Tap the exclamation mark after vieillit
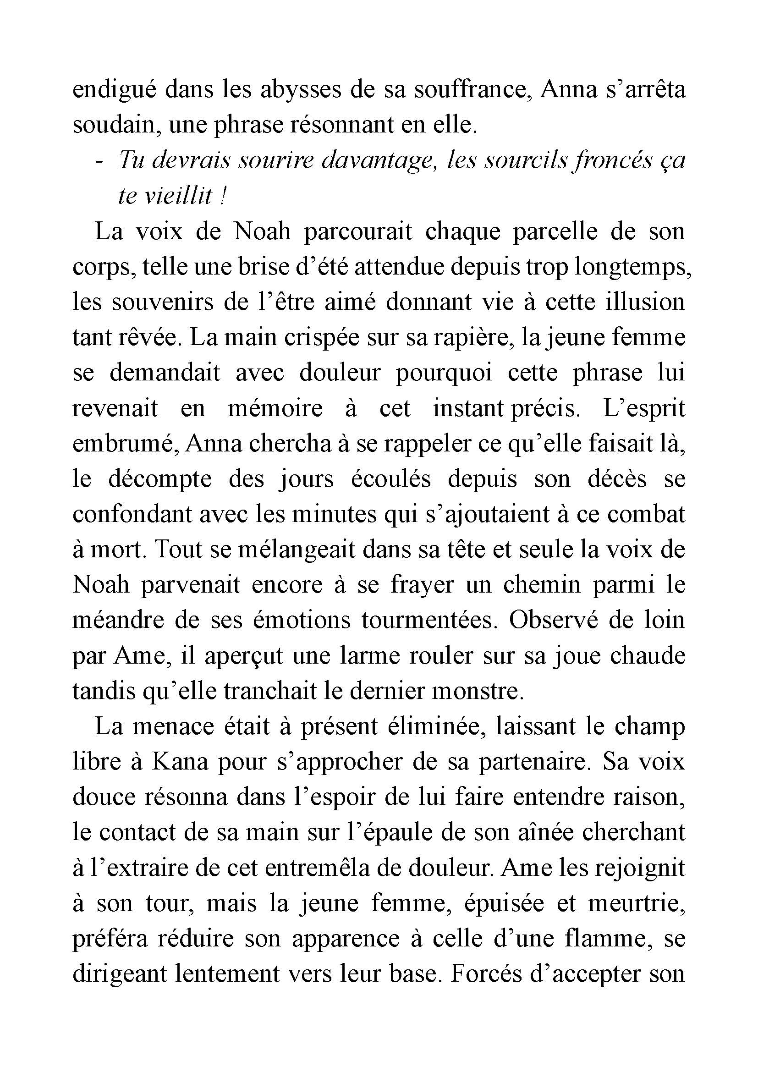coord(223,196)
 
